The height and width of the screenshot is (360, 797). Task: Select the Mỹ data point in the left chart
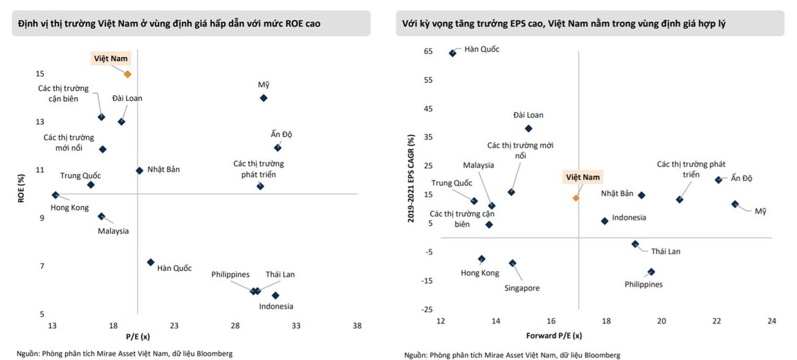coord(264,98)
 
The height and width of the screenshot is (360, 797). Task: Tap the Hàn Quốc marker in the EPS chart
coord(453,53)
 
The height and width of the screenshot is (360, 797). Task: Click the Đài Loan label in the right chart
coord(528,114)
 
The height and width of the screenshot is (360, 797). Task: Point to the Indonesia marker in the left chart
coord(276,295)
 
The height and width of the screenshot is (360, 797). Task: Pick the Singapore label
coord(521,288)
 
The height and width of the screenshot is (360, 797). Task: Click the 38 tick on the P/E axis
coord(357,325)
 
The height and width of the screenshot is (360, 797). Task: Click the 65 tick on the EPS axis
coord(428,51)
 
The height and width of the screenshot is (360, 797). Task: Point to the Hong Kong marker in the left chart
coord(56,195)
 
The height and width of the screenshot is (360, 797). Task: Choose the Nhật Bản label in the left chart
coord(163,169)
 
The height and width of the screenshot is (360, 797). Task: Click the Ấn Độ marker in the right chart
coord(718,179)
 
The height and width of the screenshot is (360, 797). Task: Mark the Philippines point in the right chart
coord(651,272)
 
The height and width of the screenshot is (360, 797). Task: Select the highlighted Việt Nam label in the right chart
coord(582,177)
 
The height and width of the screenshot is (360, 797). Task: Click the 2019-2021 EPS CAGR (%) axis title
coord(412,177)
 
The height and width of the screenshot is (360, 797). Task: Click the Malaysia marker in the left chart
coord(102,217)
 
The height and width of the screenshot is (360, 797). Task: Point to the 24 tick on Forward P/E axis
coord(771,321)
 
